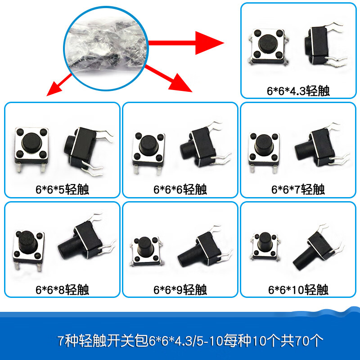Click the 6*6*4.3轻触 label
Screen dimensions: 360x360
click(x=298, y=90)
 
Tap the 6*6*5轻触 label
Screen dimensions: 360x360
click(x=63, y=189)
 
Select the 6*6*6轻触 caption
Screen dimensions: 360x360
click(x=180, y=189)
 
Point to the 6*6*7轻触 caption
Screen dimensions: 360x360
click(x=298, y=189)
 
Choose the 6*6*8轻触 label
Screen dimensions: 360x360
click(x=63, y=289)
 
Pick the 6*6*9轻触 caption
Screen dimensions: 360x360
click(x=180, y=289)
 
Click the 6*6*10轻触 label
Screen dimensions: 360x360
click(x=298, y=289)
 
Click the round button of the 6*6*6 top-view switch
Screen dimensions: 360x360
click(x=148, y=145)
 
